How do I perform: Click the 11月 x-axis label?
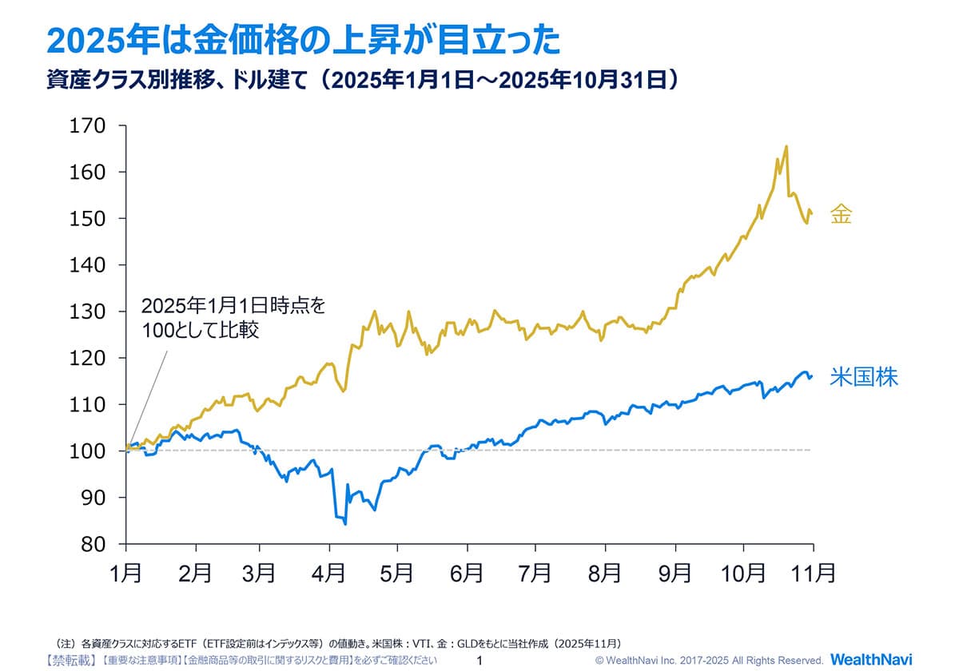(814, 573)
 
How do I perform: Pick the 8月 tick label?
(605, 573)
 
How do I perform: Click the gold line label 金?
(841, 214)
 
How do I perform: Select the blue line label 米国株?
(863, 377)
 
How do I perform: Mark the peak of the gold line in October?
(786, 146)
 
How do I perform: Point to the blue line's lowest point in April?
(345, 524)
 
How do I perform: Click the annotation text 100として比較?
(201, 331)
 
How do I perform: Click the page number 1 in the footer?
(479, 661)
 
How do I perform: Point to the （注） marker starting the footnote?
(65, 643)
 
